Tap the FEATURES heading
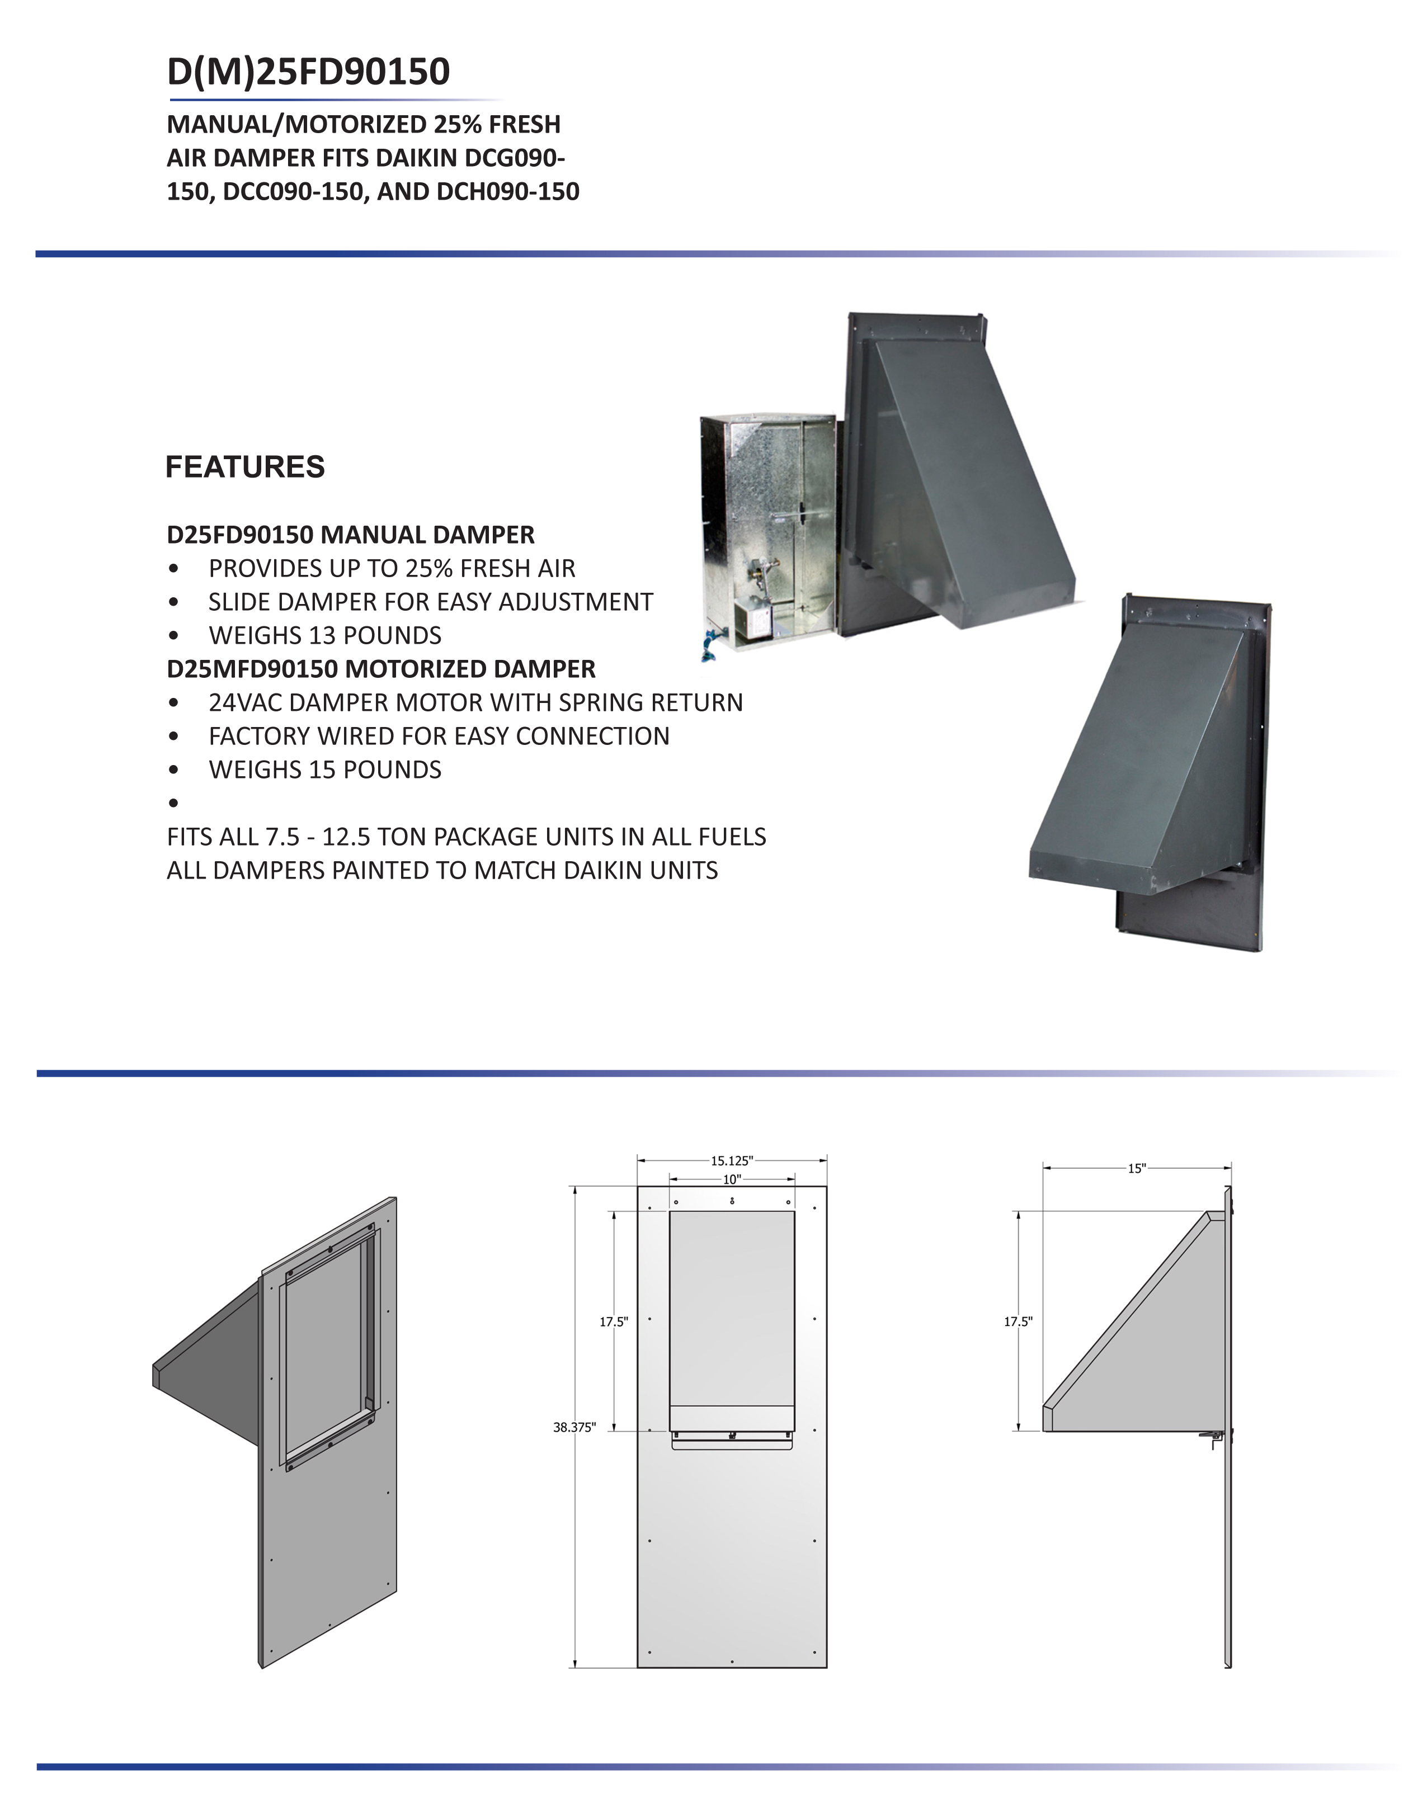click(245, 468)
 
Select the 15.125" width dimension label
click(731, 1161)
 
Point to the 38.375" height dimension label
click(574, 1428)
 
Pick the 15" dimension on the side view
click(1137, 1169)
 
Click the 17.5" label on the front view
click(614, 1321)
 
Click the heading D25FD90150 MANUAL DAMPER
click(350, 535)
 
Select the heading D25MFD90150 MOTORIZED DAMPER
click(380, 669)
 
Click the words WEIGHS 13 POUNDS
click(324, 635)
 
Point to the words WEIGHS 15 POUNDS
click(324, 770)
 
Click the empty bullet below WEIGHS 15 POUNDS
click(173, 803)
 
